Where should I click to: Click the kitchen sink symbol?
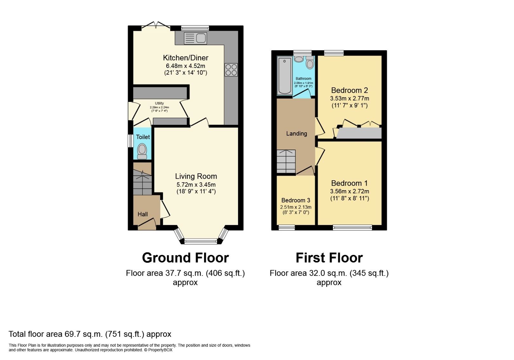tap(195, 38)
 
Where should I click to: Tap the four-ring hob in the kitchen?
tap(231, 70)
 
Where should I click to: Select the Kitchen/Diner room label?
tap(186, 58)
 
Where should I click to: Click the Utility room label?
tap(159, 103)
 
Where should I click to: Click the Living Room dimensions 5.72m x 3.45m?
tap(196, 185)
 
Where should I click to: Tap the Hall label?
tap(143, 214)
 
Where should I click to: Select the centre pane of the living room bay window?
tap(201, 242)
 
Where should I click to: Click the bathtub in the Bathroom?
tap(285, 76)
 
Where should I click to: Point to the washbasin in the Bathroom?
tap(299, 59)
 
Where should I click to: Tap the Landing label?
tap(297, 134)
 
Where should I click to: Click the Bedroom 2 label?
tap(350, 90)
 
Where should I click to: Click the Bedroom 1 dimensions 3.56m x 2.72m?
tap(350, 191)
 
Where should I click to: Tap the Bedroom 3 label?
tap(296, 200)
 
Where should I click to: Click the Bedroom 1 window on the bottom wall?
tap(352, 227)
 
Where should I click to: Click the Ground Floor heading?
tap(185, 258)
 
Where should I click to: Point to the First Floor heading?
tap(329, 258)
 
